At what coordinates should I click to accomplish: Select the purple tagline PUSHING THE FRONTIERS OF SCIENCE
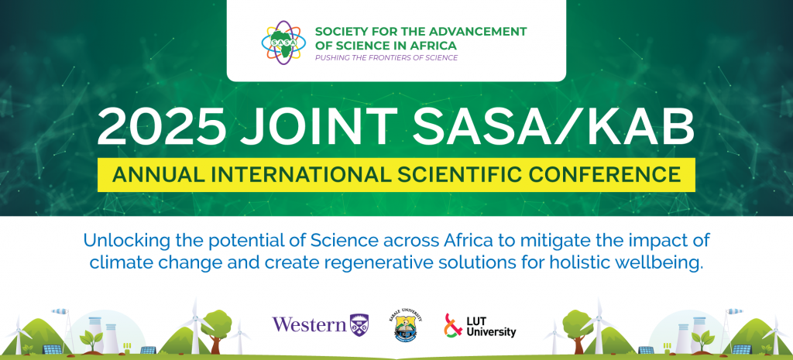point(386,58)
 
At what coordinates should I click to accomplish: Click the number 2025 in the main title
point(162,127)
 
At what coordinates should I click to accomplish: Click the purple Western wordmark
point(310,324)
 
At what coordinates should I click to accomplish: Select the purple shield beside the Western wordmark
point(359,324)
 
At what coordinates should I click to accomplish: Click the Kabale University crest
point(407,326)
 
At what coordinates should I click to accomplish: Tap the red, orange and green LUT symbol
point(452,324)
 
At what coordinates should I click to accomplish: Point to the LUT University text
point(490,326)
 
